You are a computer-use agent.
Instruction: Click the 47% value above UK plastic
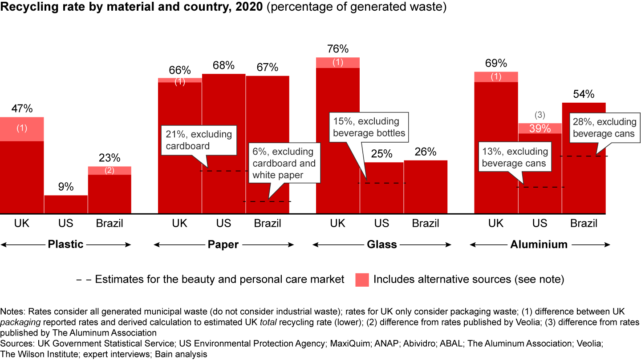coord(22,109)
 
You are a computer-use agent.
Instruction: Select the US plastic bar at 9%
coord(66,204)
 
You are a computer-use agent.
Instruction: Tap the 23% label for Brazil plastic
coord(110,158)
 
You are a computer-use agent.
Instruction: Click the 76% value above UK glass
coord(337,49)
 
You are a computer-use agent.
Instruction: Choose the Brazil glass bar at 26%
coord(426,187)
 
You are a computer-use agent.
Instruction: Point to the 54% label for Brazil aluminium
coord(584,94)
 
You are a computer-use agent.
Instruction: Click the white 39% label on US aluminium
coord(540,128)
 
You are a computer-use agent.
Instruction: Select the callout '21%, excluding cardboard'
coord(199,140)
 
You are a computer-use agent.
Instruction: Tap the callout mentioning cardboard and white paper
coord(284,163)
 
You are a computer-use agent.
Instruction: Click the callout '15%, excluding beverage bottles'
coord(369,127)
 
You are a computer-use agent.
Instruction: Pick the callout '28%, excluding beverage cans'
coord(604,128)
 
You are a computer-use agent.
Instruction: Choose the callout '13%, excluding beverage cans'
coord(514,157)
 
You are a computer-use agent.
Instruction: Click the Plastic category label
coord(65,244)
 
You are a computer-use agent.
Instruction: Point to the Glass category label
coord(381,244)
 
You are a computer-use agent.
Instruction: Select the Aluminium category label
coord(539,244)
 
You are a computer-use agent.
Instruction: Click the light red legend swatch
coord(362,280)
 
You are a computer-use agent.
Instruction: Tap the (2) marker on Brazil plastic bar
coord(110,171)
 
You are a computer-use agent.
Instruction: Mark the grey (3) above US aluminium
coord(540,116)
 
